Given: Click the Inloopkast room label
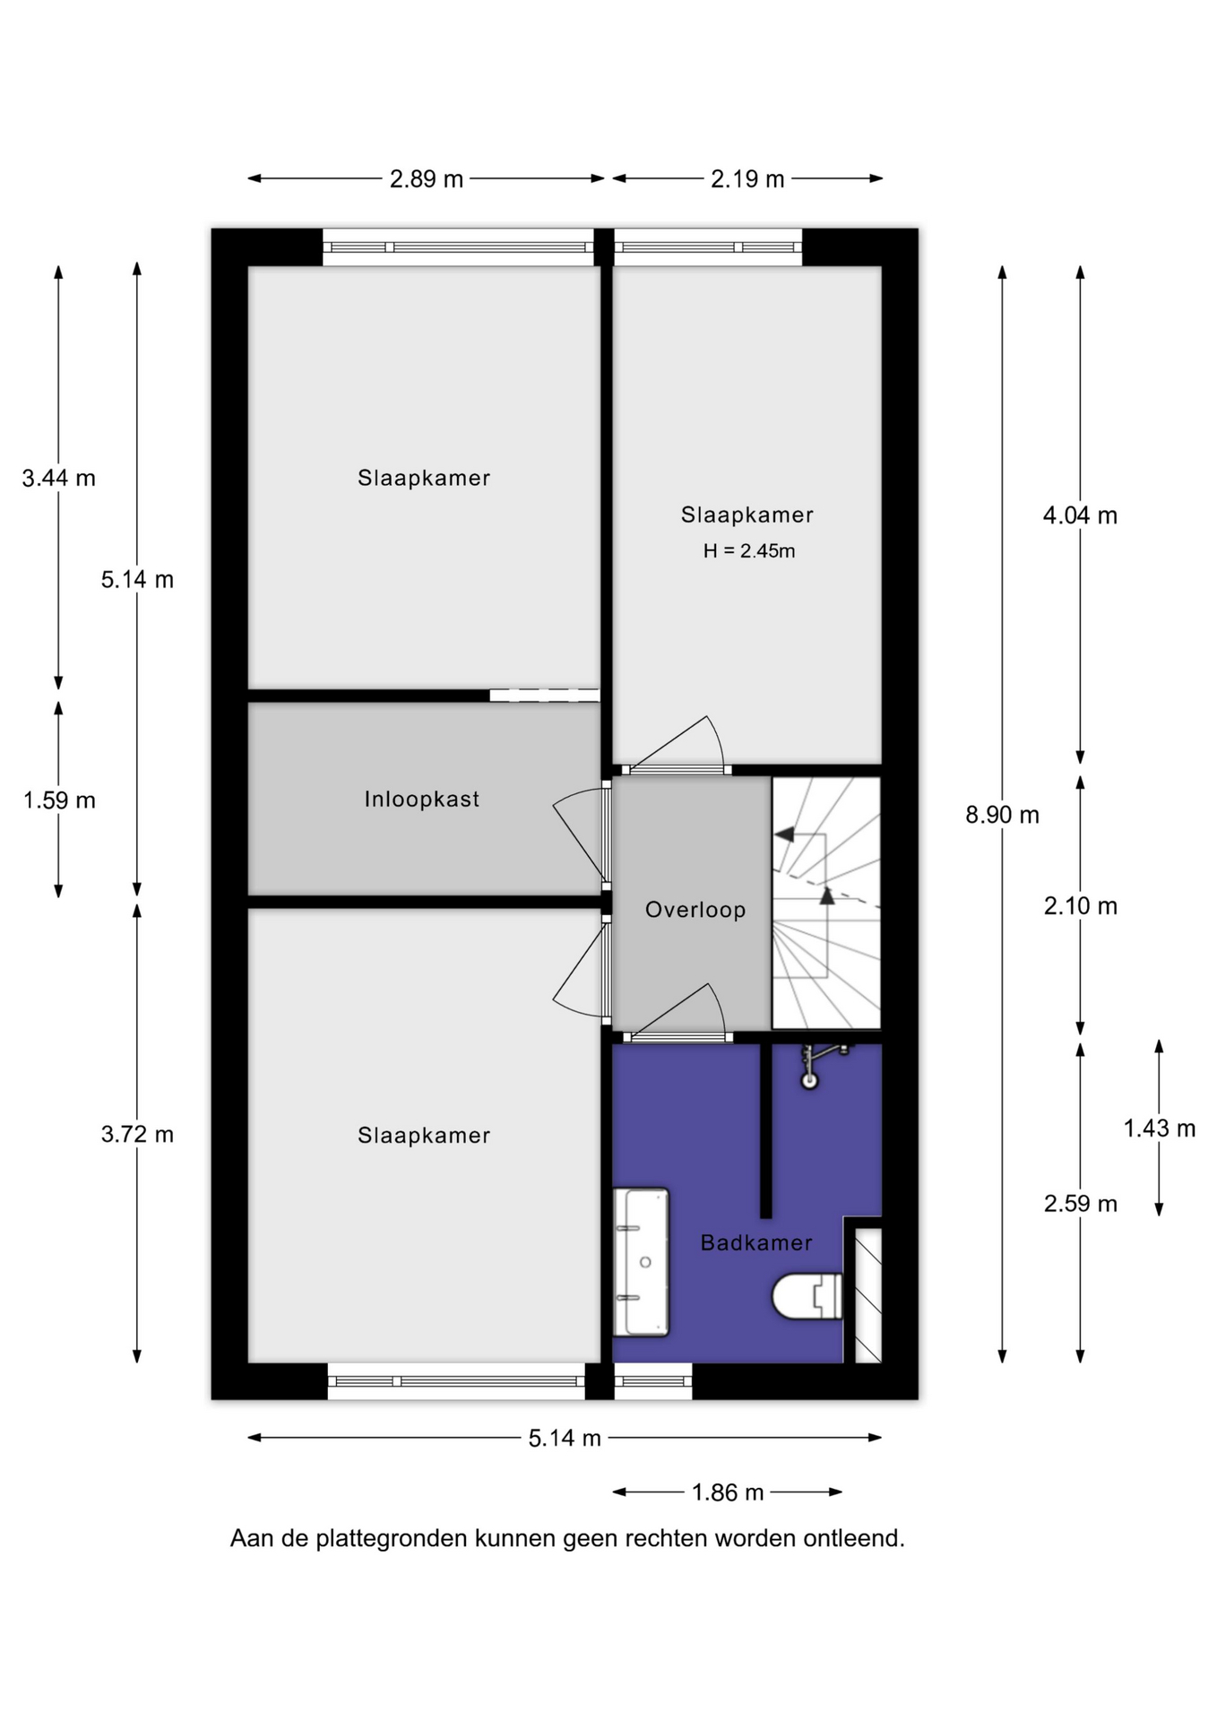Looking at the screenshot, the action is [421, 799].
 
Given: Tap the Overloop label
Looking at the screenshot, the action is [695, 910].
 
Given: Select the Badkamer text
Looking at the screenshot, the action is [756, 1242].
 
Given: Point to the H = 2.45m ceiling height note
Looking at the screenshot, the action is [749, 551].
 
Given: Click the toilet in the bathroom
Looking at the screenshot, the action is [807, 1296].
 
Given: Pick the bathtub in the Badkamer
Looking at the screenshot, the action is [642, 1262].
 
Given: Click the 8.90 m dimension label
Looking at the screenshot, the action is [1002, 815].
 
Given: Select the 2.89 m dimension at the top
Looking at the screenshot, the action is [427, 179].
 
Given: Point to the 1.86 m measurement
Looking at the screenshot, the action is [728, 1492].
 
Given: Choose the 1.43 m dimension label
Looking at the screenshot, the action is [1160, 1129].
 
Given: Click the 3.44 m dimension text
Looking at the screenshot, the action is [59, 478].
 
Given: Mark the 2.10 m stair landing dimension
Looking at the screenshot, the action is [1081, 906].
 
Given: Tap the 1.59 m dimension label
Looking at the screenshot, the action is [59, 800].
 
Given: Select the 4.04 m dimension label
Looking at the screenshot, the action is [1080, 515].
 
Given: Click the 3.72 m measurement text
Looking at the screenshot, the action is [137, 1134].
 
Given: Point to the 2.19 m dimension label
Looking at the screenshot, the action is [747, 179].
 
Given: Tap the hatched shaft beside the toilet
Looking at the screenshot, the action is [867, 1295].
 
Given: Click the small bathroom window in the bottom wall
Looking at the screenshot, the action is [652, 1381].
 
